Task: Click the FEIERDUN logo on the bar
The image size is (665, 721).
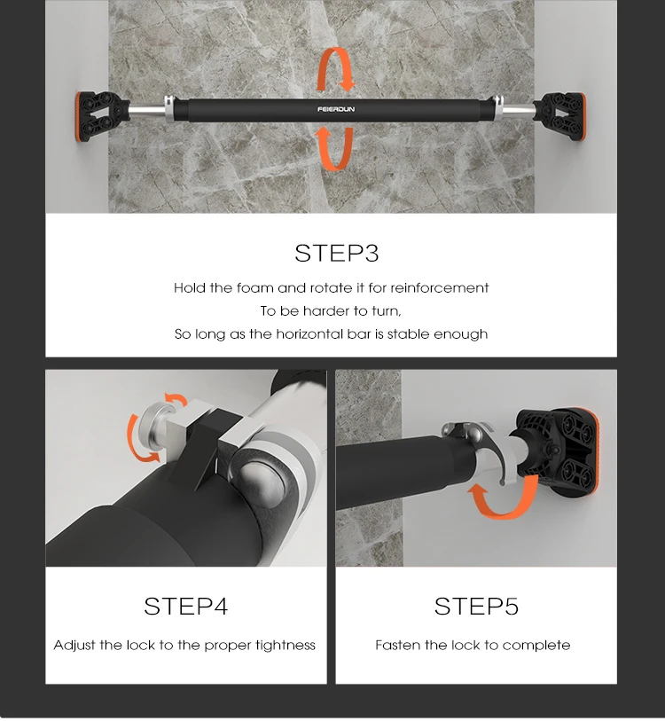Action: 336,109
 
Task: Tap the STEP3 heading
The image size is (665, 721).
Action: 337,254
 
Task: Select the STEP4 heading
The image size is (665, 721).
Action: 186,606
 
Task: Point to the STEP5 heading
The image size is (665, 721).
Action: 476,606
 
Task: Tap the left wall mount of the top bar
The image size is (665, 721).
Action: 100,118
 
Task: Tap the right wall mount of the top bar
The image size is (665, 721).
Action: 559,117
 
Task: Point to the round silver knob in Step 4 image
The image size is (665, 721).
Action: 153,426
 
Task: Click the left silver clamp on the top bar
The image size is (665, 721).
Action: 169,109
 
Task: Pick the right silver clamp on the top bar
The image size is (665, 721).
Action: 497,108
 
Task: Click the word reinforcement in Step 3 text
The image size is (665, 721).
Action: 439,288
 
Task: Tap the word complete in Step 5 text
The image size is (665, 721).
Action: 536,646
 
